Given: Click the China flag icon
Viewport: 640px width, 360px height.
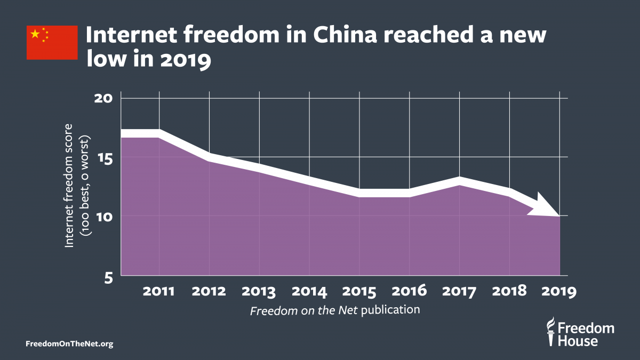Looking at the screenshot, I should coord(45,42).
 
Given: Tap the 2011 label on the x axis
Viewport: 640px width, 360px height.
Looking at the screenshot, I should coord(159,291).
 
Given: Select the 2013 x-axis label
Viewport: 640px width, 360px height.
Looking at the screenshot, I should coord(259,291).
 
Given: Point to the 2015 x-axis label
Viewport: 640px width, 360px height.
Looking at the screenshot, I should coord(359,291).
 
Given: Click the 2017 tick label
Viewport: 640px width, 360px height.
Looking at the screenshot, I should coord(459,291).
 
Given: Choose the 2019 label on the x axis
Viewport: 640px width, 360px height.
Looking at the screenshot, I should coord(558,291).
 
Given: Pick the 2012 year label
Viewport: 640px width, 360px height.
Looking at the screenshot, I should coord(209,291).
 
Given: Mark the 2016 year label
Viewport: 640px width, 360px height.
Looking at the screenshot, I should coord(409,291).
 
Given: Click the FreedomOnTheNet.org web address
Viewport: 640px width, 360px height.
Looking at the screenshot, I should coord(69,344).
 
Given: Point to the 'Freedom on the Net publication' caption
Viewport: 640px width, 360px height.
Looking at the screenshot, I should coord(335,310).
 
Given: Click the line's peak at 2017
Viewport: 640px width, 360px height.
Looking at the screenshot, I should coord(459,181).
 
